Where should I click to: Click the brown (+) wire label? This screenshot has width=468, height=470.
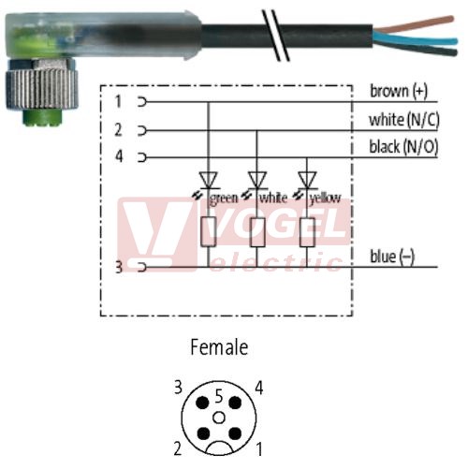tap(399, 92)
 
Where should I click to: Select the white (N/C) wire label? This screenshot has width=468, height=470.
tap(404, 120)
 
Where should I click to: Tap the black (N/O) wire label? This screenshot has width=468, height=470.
tap(403, 147)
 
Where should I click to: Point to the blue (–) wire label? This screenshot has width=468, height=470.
tap(392, 257)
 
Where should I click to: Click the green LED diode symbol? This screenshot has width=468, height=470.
tap(209, 181)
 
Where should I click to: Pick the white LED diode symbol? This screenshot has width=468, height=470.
tap(256, 181)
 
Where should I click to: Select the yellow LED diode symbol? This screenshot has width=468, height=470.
tap(307, 181)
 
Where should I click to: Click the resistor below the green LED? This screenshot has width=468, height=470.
tap(209, 232)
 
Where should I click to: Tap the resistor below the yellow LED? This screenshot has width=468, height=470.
tap(307, 232)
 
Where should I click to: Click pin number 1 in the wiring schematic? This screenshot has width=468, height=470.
tap(118, 101)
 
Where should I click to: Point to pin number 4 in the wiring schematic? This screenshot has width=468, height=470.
tap(119, 156)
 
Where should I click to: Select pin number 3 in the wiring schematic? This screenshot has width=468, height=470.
tap(119, 267)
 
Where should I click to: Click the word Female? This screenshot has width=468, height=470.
tap(219, 347)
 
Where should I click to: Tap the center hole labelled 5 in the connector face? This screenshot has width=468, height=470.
tap(219, 418)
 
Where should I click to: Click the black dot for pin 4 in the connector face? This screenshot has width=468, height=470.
tap(235, 403)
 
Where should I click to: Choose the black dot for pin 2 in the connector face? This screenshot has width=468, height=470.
tap(203, 433)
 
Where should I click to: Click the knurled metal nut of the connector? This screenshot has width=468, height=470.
tap(40, 90)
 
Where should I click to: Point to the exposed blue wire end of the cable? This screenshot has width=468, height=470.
tap(417, 39)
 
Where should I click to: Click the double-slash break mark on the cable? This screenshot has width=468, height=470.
tap(275, 35)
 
